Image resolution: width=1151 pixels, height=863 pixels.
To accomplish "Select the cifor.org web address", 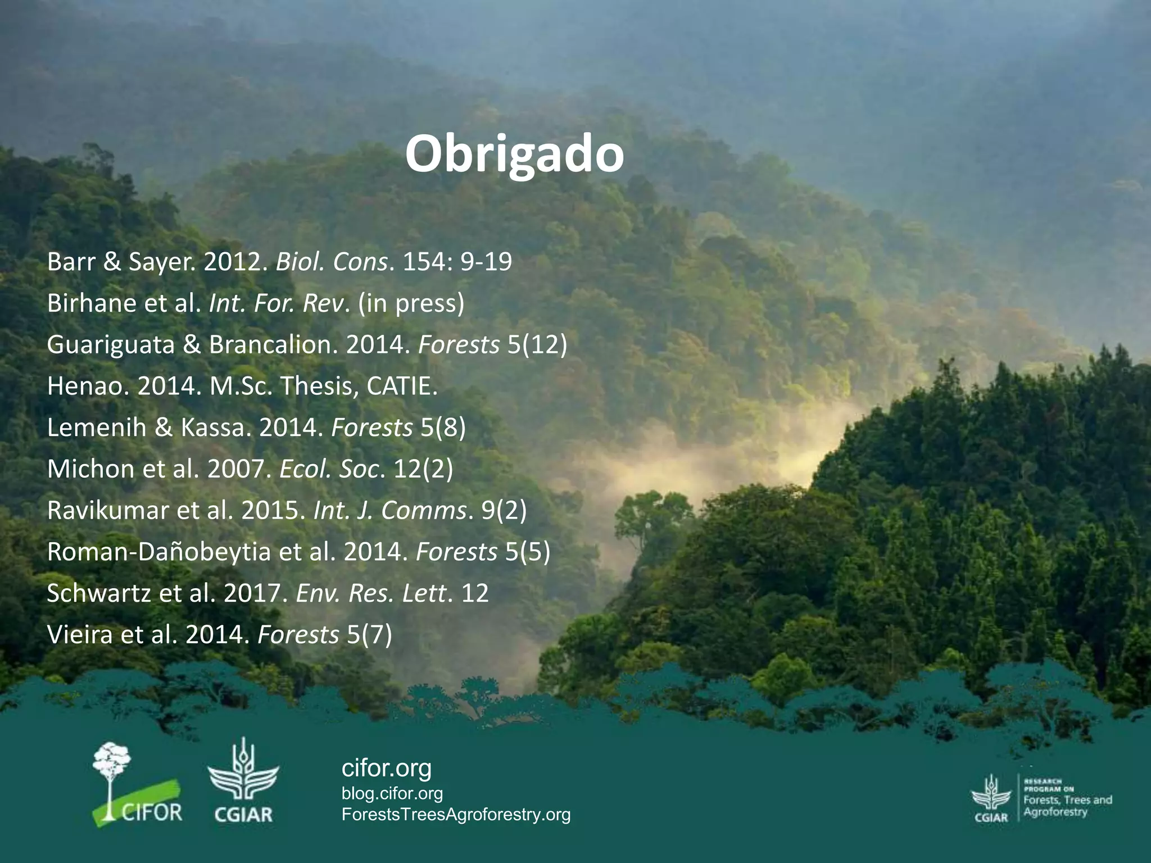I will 387,767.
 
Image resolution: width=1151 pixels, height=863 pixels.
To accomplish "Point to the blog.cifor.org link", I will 392,793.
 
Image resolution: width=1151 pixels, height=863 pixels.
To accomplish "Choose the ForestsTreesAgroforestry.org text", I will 456,814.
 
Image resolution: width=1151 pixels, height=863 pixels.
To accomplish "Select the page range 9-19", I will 486,262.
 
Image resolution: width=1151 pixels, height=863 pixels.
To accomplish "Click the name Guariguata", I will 110,344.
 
